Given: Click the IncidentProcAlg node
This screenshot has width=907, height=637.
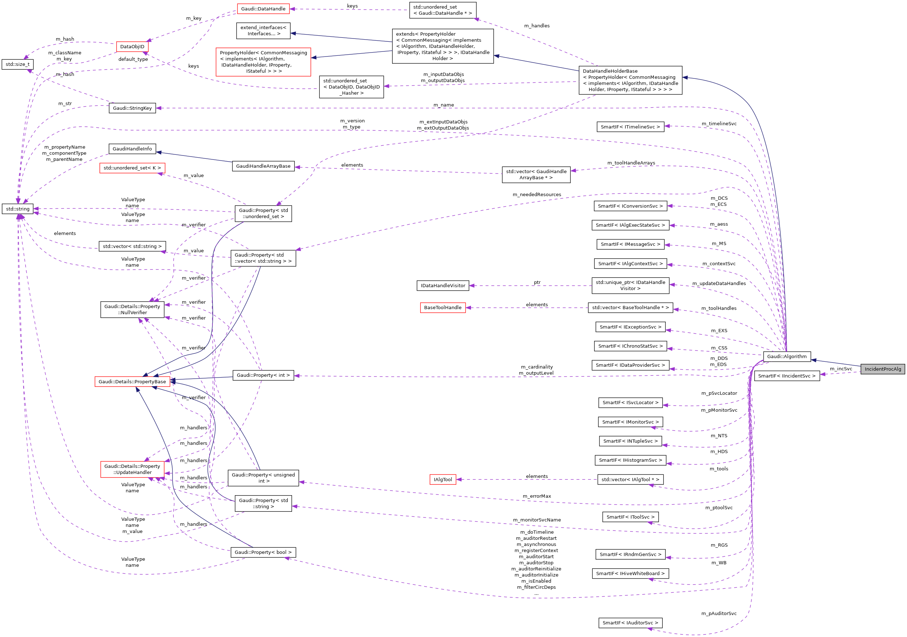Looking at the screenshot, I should click(x=883, y=369).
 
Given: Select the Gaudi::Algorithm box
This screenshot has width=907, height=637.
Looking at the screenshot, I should click(x=786, y=356).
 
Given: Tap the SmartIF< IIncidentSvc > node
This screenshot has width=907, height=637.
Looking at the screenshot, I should click(x=786, y=376).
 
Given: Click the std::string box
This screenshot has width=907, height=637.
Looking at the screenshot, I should click(x=18, y=209).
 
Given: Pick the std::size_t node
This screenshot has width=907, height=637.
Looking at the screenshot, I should click(x=18, y=64).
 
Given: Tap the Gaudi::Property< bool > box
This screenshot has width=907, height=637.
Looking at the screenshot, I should click(x=263, y=552).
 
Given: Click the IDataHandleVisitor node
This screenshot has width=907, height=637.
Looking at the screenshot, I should click(x=443, y=285).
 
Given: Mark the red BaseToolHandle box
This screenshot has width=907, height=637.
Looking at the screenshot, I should click(x=443, y=308).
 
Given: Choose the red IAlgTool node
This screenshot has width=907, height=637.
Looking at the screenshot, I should click(x=443, y=479).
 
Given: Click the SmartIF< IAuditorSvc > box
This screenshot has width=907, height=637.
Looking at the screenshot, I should click(x=630, y=623).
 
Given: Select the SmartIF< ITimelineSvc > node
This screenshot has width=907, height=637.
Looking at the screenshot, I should click(x=630, y=127).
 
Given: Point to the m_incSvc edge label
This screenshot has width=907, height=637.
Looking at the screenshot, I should click(x=841, y=369).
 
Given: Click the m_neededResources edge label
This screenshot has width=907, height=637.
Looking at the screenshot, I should click(x=537, y=195).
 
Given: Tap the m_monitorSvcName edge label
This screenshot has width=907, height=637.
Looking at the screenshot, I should click(x=537, y=520).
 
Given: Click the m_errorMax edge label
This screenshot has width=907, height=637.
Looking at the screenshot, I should click(x=537, y=496).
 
